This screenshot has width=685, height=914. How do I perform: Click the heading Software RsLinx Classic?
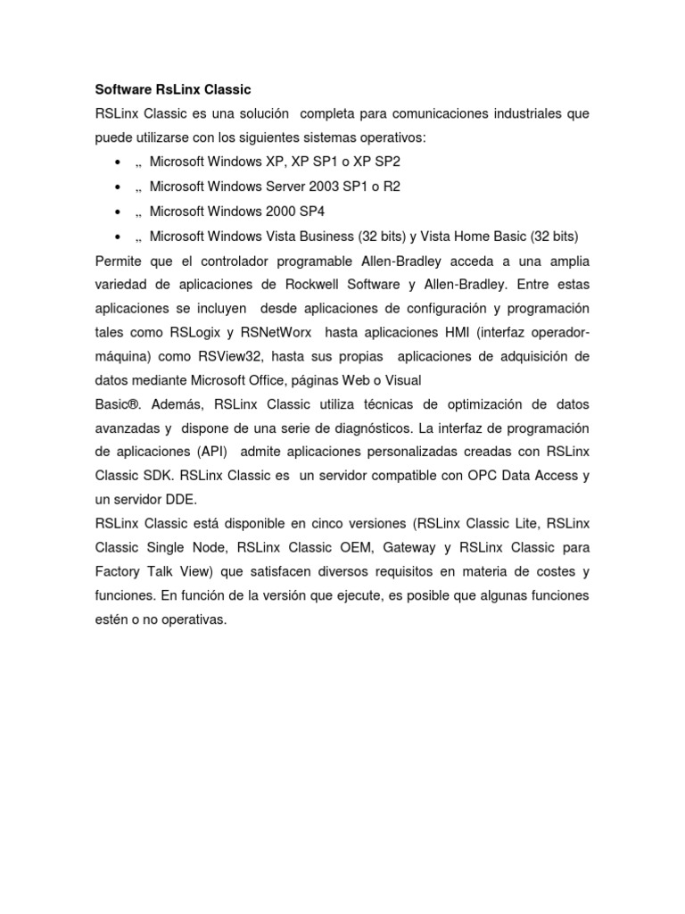pyautogui.click(x=173, y=90)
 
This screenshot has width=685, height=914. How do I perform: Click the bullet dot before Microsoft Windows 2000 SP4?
pyautogui.click(x=118, y=212)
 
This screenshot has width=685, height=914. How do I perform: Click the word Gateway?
pyautogui.click(x=409, y=546)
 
